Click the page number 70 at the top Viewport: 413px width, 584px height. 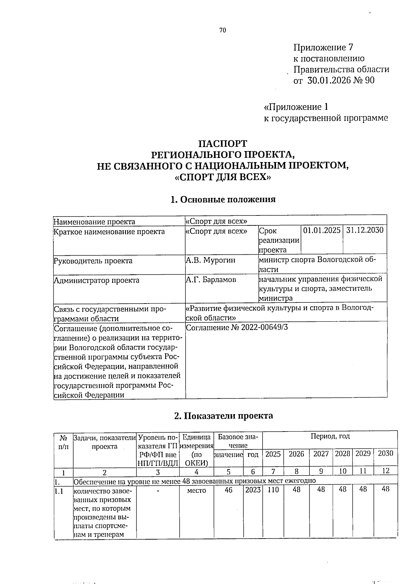tap(222, 30)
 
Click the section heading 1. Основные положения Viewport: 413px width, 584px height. tap(223, 200)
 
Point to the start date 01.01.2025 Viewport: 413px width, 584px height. tap(322, 230)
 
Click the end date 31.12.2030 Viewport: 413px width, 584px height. tap(364, 230)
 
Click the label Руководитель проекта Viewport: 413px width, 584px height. tap(93, 261)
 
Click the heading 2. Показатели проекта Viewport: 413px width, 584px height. tap(223, 416)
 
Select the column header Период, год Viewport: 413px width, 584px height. tap(330, 436)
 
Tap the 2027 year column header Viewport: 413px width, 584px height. tap(321, 454)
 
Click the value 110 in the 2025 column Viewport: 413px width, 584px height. tap(273, 489)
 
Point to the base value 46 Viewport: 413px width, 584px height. tap(229, 490)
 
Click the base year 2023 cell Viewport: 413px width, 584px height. tap(253, 490)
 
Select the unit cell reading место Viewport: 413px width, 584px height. tap(197, 490)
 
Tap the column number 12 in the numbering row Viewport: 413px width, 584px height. tap(385, 471)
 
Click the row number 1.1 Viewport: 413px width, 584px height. tap(60, 491)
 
